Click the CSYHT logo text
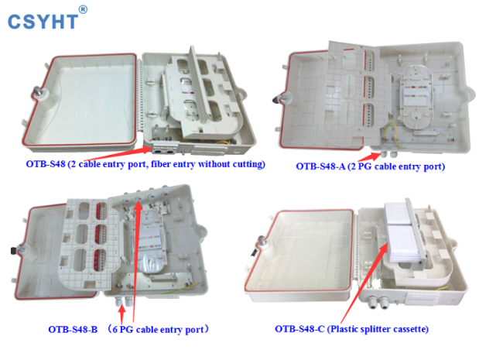[43, 22]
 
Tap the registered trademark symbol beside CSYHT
[83, 10]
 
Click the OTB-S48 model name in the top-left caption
[46, 164]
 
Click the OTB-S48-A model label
[320, 166]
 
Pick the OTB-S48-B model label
[73, 330]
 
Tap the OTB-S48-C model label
[299, 329]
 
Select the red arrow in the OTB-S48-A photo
[370, 157]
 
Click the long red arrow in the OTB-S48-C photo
[364, 283]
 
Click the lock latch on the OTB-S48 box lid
[39, 92]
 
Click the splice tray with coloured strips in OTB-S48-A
[416, 97]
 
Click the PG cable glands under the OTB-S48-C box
[379, 302]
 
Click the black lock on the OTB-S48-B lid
[14, 250]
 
